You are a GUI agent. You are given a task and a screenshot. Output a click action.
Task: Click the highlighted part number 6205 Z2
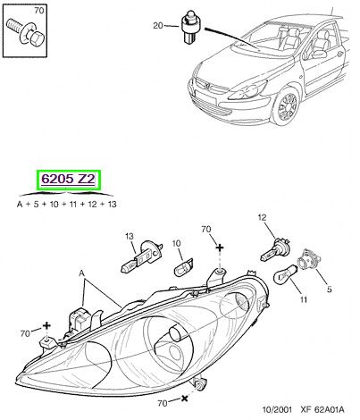[68, 180]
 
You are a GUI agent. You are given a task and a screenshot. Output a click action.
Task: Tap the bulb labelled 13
[142, 256]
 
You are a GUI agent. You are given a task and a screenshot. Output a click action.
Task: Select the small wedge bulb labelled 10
[183, 267]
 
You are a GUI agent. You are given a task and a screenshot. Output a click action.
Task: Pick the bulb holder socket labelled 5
[309, 260]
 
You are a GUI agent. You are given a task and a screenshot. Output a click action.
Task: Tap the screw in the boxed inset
[25, 33]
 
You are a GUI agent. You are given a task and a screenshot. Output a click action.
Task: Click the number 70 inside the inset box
[39, 11]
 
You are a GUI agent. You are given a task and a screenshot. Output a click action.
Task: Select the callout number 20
[158, 26]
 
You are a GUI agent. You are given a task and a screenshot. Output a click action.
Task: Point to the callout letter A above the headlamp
[81, 273]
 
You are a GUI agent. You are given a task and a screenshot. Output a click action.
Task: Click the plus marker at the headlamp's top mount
[220, 248]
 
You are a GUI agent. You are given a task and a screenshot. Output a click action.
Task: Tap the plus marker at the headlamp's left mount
[46, 325]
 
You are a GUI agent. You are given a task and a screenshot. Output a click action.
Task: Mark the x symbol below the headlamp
[185, 398]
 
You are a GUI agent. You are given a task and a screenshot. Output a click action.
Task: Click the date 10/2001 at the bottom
[277, 410]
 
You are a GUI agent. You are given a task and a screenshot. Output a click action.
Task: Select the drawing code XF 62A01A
[322, 410]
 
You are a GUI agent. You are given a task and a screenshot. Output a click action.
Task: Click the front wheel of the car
[286, 106]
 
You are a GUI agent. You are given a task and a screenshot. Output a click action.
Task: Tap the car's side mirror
[318, 55]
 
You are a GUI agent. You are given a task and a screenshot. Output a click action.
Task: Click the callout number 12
[262, 218]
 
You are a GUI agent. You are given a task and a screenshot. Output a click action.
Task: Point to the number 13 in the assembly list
[112, 205]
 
